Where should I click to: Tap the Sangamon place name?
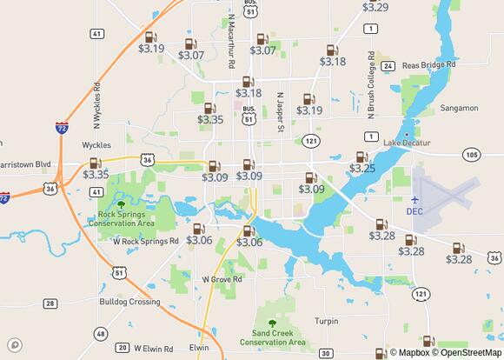[x=460, y=108]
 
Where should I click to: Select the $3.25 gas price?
[x=361, y=168]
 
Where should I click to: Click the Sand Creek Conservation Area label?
[x=279, y=337]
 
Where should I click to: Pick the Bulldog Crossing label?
[x=129, y=302]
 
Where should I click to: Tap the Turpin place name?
[x=327, y=321]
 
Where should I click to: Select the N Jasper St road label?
[x=280, y=111]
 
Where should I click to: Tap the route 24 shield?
[x=388, y=66]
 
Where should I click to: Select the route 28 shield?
[x=50, y=303]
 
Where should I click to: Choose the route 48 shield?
[x=101, y=334]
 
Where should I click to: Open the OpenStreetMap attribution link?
[x=470, y=352]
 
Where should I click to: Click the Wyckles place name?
[x=96, y=145]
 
